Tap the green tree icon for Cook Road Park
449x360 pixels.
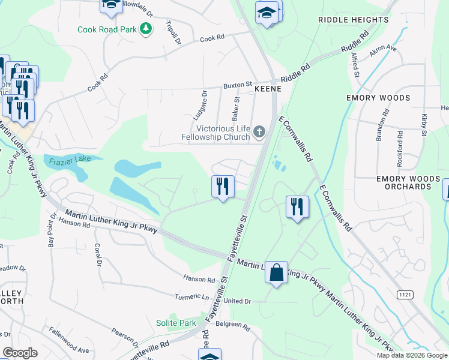tap(145, 28)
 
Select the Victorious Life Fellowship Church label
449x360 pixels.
tap(215, 133)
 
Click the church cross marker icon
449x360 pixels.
tap(259, 131)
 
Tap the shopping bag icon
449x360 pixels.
tap(276, 273)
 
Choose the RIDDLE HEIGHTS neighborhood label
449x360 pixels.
tap(354, 20)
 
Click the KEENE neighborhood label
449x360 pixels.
tap(268, 88)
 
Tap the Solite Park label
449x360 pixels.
tap(176, 323)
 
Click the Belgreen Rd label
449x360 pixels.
tap(233, 325)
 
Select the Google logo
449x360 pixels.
tap(20, 353)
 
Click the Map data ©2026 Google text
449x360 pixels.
tap(412, 355)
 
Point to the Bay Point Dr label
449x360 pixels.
tap(50, 230)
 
